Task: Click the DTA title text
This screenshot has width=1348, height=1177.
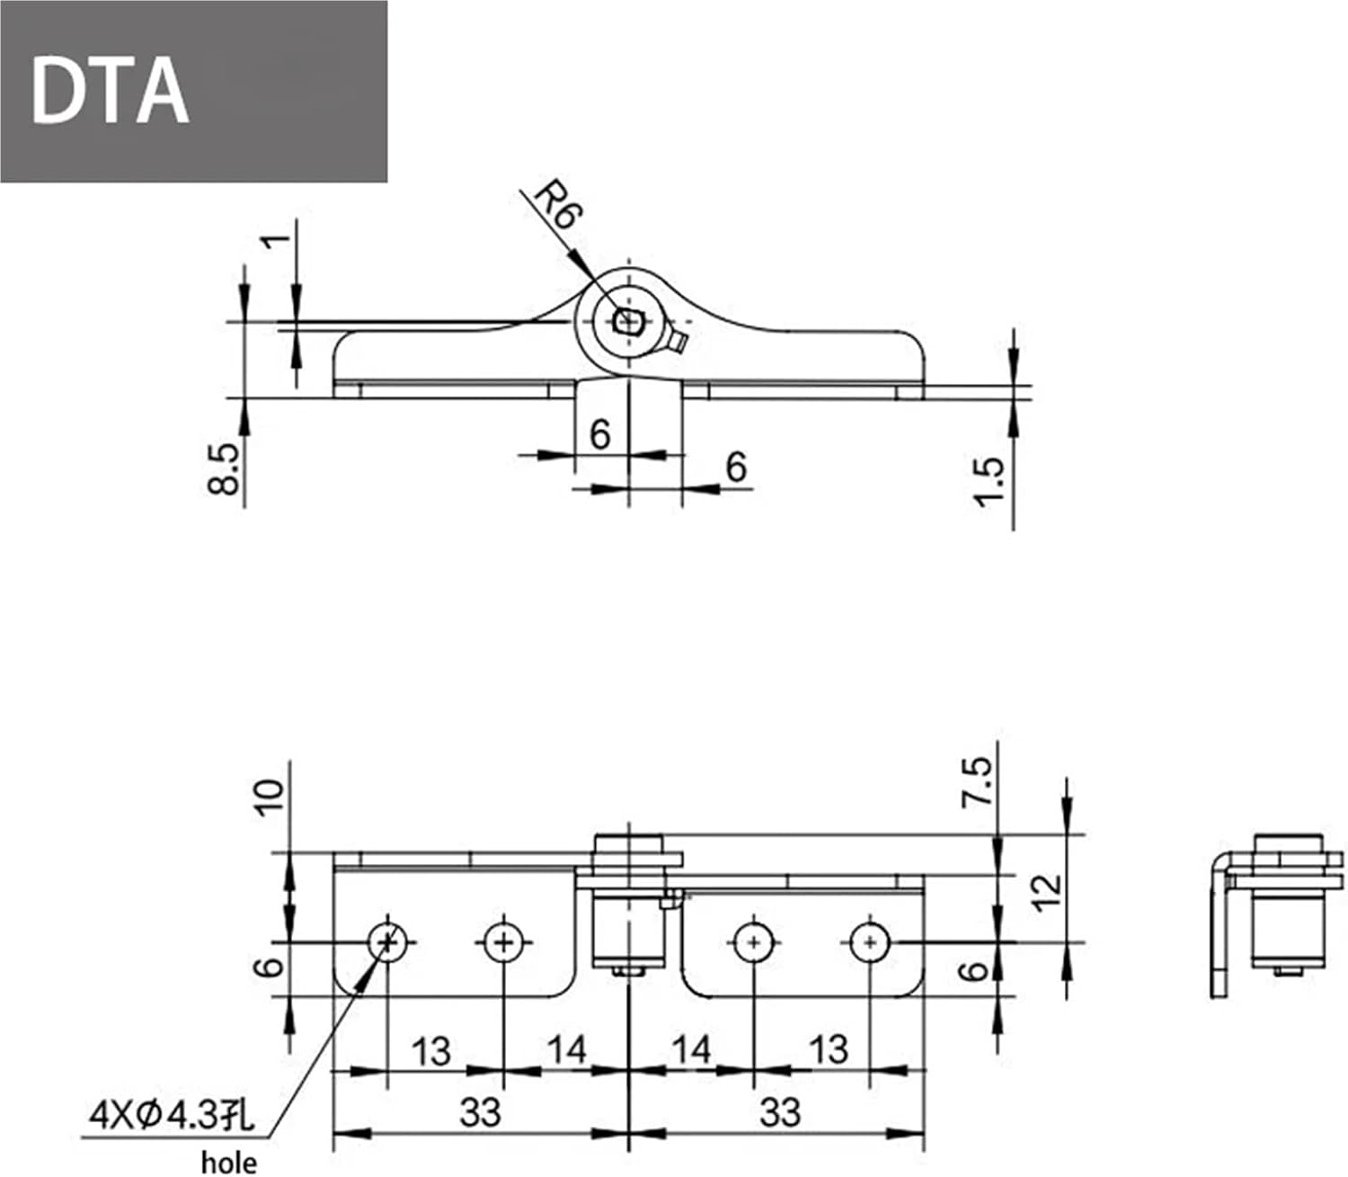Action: pyautogui.click(x=110, y=91)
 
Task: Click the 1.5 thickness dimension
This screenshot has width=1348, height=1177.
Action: pyautogui.click(x=989, y=481)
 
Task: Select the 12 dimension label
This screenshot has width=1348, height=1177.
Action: pyautogui.click(x=1048, y=892)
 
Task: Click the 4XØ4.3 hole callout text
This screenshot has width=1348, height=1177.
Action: pyautogui.click(x=172, y=1116)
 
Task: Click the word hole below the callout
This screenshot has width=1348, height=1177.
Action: pyautogui.click(x=228, y=1163)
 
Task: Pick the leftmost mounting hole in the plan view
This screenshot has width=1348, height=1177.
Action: pyautogui.click(x=387, y=942)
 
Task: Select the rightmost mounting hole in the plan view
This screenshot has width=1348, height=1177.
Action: pyautogui.click(x=869, y=942)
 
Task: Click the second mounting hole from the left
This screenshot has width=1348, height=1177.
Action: pyautogui.click(x=503, y=942)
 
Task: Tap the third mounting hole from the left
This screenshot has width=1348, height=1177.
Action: pyautogui.click(x=753, y=942)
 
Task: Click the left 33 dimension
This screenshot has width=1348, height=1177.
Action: pyautogui.click(x=480, y=1112)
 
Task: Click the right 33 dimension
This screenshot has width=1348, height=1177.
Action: pyautogui.click(x=779, y=1112)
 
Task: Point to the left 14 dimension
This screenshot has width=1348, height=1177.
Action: pyautogui.click(x=566, y=1049)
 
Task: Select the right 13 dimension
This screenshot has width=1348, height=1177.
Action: pyautogui.click(x=828, y=1049)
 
